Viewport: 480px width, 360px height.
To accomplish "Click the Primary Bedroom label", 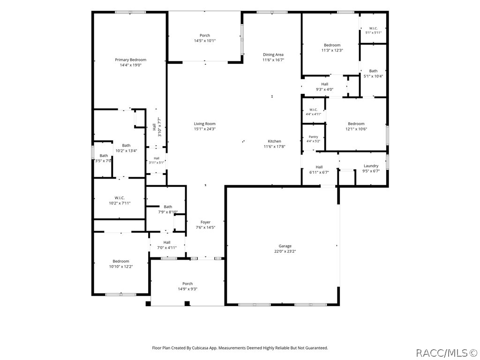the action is tap(131, 60).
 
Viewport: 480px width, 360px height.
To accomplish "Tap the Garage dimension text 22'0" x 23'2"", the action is tap(285, 251).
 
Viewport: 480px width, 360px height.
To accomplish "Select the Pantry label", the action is tap(313, 137).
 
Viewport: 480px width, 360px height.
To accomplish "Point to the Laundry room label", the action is tap(371, 166).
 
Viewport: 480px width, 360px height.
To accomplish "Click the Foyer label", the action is tap(205, 222).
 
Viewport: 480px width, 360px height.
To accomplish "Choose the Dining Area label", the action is tap(273, 55).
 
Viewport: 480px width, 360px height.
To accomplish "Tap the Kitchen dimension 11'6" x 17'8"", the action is tap(275, 147).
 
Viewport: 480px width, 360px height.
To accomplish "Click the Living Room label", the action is tap(205, 124).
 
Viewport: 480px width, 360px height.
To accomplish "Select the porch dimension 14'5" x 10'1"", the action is tap(205, 41).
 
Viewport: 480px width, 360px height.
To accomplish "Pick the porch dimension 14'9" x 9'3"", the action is tap(187, 289).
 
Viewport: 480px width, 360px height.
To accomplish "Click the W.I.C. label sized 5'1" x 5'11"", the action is tap(374, 28).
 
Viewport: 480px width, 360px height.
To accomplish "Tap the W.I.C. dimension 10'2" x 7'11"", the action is tap(120, 203).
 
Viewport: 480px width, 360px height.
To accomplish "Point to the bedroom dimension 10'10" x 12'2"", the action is tap(121, 267).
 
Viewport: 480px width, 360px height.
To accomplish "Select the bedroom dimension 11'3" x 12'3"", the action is tap(332, 50).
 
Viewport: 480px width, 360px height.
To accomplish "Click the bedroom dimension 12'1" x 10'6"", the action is tap(356, 129).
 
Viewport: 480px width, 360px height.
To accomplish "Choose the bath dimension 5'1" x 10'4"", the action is tap(373, 76).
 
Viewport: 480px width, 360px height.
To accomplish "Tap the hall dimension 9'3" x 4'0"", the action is tap(325, 90).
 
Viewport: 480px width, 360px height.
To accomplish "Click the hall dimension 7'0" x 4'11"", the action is tap(167, 247).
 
